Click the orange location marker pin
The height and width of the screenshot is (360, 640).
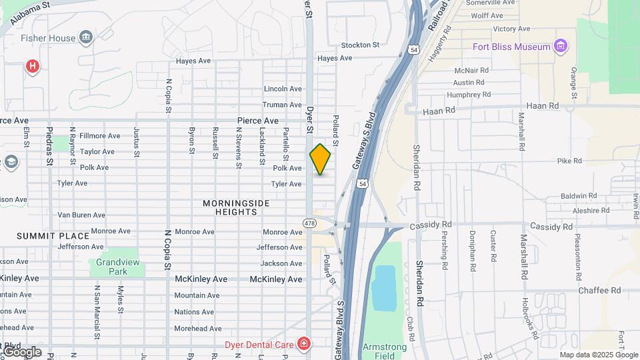320,159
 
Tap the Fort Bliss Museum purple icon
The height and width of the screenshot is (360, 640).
561,47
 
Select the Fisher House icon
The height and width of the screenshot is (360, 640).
86,37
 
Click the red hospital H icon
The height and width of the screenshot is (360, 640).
31,65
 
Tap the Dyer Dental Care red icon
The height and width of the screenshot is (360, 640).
304,344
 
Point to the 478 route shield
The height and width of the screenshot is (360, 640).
309,223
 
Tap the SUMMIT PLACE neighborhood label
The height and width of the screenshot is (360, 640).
53,236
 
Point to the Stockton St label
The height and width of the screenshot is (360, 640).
360,45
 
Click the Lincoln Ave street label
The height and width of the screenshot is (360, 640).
283,89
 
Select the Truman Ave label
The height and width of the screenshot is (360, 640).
282,105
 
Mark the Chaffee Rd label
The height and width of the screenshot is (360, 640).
599,290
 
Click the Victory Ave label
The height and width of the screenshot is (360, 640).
511,29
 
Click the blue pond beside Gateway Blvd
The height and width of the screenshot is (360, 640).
383,288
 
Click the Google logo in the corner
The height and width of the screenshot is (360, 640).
22,351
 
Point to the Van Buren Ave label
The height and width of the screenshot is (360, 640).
81,215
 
